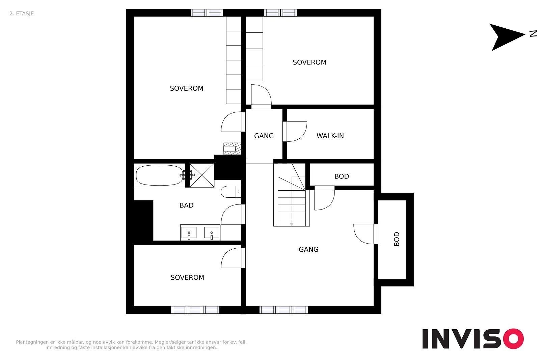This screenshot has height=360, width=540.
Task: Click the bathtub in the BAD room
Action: [x=159, y=175]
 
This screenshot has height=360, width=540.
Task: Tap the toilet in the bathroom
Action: [x=231, y=192]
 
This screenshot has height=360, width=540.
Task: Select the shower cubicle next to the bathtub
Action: [x=202, y=175]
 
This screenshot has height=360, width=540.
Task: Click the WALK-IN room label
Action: [x=330, y=136]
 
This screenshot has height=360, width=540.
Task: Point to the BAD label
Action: [x=186, y=205]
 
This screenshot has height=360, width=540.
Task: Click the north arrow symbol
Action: [x=507, y=37]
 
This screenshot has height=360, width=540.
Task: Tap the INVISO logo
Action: [x=473, y=338]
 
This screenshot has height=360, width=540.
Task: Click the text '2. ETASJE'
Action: [x=22, y=13]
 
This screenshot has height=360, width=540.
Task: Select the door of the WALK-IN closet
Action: [x=295, y=131]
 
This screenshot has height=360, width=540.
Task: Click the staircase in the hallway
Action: [x=292, y=195]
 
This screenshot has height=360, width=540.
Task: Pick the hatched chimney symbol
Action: [x=232, y=148]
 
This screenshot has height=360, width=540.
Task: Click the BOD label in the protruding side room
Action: [x=397, y=239]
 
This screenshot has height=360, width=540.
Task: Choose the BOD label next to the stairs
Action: [x=342, y=176]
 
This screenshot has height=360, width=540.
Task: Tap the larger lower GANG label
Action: [x=308, y=249]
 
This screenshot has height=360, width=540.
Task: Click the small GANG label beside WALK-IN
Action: [x=264, y=136]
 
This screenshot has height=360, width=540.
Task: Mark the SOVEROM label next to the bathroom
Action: [x=187, y=278]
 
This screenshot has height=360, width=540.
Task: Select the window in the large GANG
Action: [x=283, y=310]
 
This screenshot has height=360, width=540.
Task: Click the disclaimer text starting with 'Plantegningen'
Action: [x=131, y=345]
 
